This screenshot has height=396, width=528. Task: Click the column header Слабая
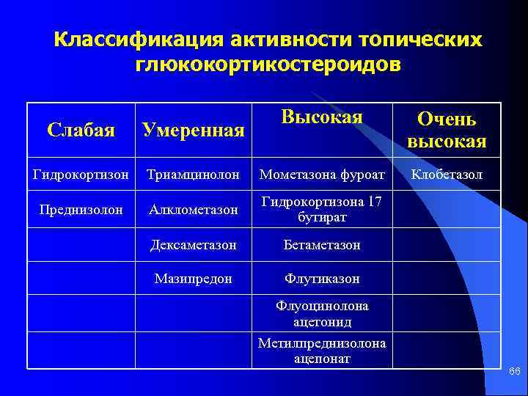(x=81, y=130)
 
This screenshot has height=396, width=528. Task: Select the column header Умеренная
(x=193, y=131)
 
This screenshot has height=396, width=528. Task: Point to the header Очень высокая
(x=447, y=130)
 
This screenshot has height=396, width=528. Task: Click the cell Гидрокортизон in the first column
(x=81, y=175)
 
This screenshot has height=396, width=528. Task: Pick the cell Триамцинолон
(x=193, y=175)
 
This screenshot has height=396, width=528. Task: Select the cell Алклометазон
(x=193, y=210)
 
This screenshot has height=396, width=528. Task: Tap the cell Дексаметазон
(x=193, y=245)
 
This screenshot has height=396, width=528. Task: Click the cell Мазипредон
(x=193, y=279)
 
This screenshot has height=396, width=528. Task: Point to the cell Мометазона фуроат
(x=323, y=175)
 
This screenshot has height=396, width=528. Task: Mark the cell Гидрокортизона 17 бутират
(x=323, y=210)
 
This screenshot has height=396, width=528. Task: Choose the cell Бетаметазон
(x=323, y=245)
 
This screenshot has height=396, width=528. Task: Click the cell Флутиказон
(x=323, y=279)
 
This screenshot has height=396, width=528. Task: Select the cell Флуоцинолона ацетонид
(x=323, y=314)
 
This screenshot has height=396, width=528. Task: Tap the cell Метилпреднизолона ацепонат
(x=323, y=351)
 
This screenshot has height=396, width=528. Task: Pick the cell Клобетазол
(x=447, y=175)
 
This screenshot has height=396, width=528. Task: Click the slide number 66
(x=515, y=373)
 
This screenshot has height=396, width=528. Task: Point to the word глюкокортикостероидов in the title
(x=268, y=65)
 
